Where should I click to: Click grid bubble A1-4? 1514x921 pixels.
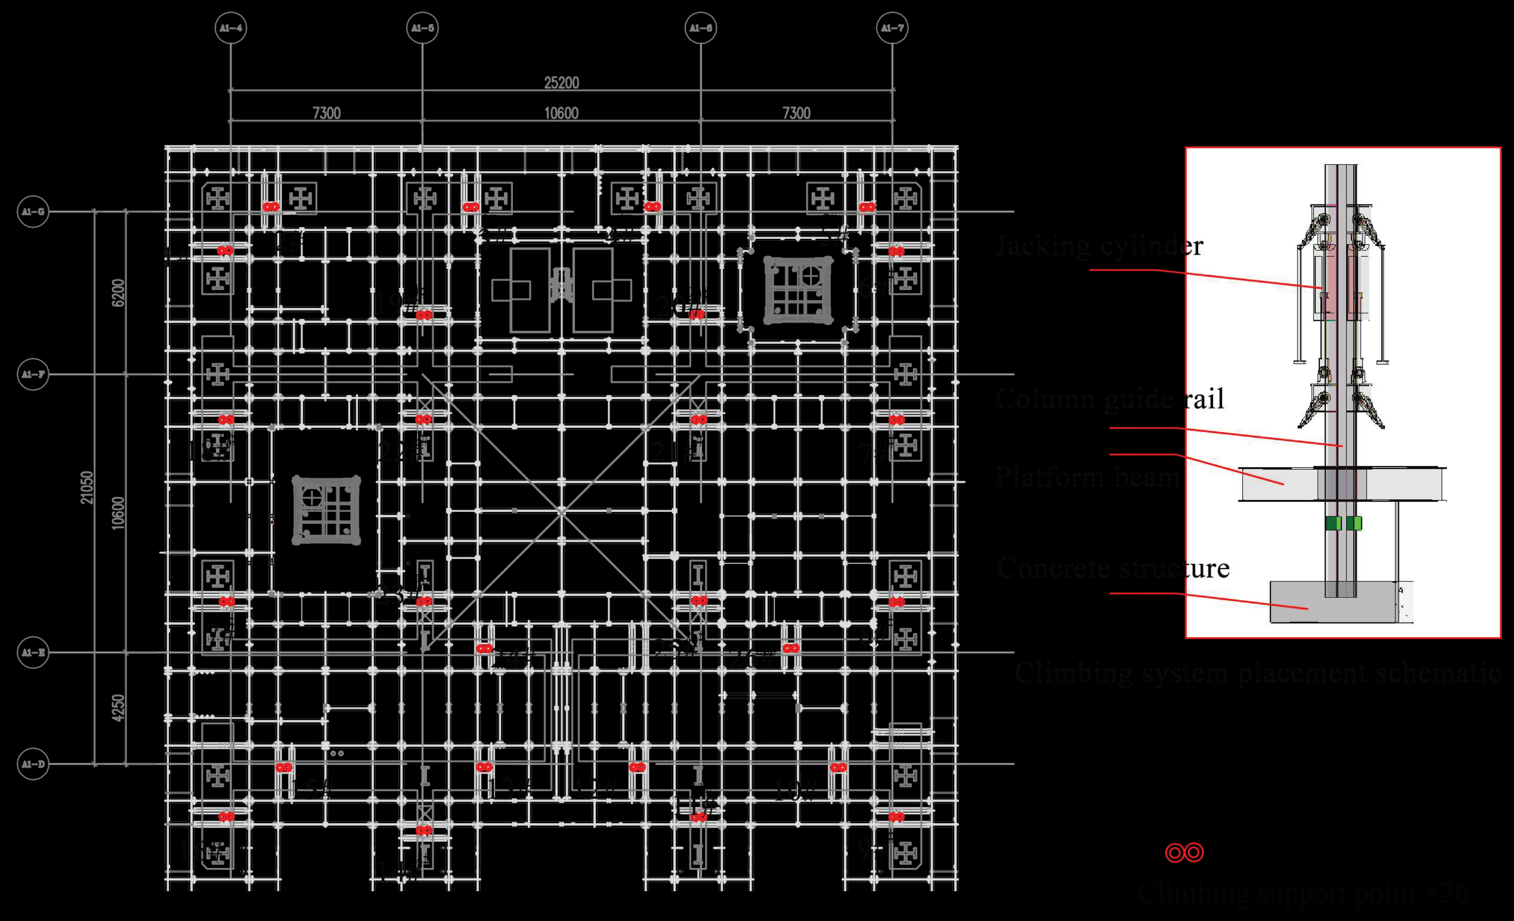(230, 28)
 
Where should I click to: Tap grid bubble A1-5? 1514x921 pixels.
(422, 28)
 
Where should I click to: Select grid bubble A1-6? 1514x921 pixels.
(701, 28)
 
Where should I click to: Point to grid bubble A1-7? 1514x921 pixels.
(892, 28)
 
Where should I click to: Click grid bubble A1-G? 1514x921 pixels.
(33, 212)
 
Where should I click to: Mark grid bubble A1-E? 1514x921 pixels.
(33, 652)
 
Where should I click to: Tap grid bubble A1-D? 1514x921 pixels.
(33, 764)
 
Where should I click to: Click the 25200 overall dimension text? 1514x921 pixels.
(561, 82)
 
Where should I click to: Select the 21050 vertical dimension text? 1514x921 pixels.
(86, 487)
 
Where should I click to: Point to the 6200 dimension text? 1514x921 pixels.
(118, 292)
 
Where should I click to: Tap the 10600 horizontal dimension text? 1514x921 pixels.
(561, 113)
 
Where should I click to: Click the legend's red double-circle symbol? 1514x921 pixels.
(1184, 852)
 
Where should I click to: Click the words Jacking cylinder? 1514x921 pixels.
(1099, 246)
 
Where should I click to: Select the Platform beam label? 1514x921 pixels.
(1086, 477)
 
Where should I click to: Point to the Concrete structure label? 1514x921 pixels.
(1113, 567)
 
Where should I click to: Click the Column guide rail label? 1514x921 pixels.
(1109, 399)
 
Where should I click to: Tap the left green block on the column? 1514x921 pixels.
(1333, 523)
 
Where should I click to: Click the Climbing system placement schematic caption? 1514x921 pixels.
(1257, 672)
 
